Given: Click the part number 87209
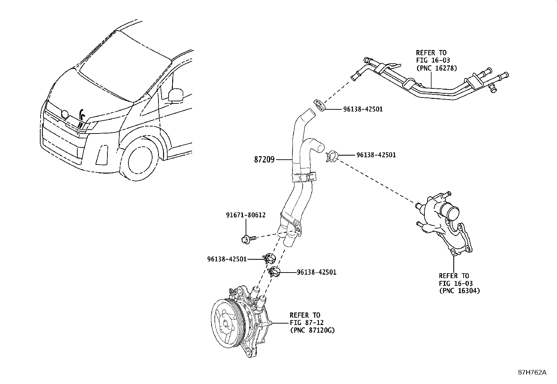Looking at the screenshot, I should pyautogui.click(x=264, y=160).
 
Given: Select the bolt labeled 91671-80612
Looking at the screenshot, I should pyautogui.click(x=245, y=239).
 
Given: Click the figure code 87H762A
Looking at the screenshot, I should pyautogui.click(x=532, y=372).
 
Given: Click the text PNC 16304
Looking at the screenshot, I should pyautogui.click(x=459, y=291).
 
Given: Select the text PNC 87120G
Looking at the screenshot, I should pyautogui.click(x=312, y=330).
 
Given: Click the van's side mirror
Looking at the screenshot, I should pyautogui.click(x=176, y=95).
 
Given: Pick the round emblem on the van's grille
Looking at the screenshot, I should pyautogui.click(x=64, y=114).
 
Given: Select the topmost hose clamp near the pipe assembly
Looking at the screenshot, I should pyautogui.click(x=319, y=105).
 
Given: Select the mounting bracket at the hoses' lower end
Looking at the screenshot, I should pyautogui.click(x=293, y=225).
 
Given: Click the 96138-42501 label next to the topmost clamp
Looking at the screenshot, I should pyautogui.click(x=362, y=109).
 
